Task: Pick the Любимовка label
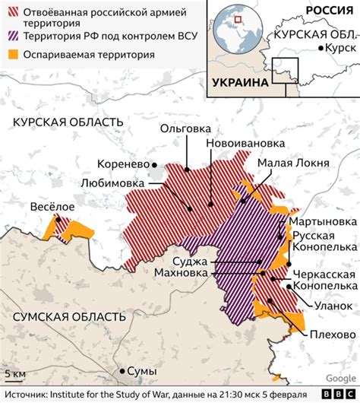click(x=117, y=182)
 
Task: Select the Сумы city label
click(x=143, y=372)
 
